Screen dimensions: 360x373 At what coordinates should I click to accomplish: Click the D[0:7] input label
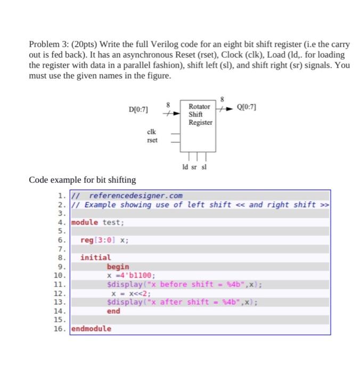(x=138, y=110)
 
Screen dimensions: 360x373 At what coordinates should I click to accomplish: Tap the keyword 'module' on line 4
(x=85, y=222)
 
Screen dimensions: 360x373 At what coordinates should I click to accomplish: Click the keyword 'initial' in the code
(x=96, y=257)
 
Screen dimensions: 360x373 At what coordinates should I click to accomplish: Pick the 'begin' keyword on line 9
(x=118, y=266)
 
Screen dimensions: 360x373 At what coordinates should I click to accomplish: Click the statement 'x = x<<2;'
(x=130, y=293)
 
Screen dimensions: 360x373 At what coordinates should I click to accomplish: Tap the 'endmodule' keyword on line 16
(x=92, y=328)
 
